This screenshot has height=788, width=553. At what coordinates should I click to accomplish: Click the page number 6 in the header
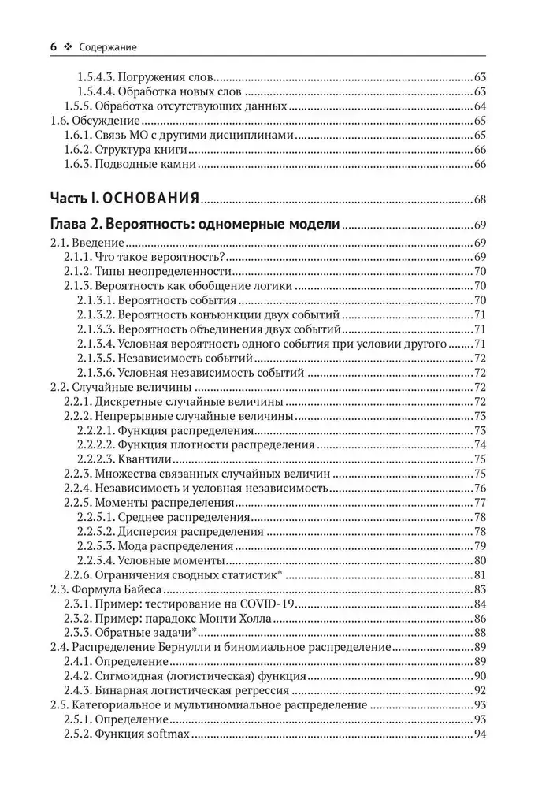coord(53,47)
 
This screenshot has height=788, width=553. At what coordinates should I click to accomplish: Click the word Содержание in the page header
coord(109,47)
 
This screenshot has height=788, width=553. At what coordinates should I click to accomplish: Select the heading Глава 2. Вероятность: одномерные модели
coord(195,225)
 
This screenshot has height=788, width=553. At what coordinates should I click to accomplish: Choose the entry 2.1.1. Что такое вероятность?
coord(145,257)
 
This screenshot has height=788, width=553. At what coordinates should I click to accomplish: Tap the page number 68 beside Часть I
coord(480,199)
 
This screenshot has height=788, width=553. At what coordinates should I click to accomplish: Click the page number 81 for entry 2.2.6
coord(480,575)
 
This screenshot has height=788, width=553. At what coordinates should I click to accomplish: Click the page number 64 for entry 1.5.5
coord(480,107)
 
